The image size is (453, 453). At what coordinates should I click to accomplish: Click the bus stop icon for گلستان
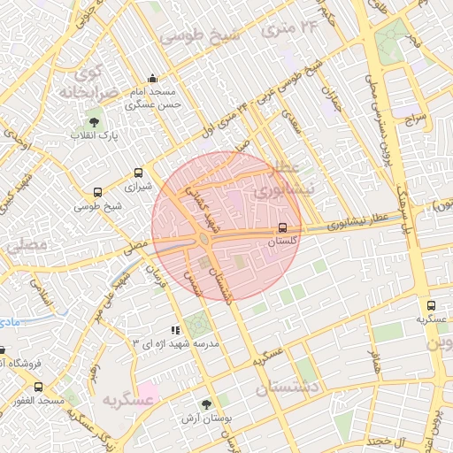coord(282,227)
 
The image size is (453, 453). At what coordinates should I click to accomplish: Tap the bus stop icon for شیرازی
coord(137,173)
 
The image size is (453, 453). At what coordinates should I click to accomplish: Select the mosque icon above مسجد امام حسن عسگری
coord(153,78)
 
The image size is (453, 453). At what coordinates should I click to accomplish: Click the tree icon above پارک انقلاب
coord(95,122)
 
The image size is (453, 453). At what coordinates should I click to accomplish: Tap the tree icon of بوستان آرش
coord(206,403)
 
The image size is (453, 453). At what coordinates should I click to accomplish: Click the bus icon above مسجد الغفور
coord(38,388)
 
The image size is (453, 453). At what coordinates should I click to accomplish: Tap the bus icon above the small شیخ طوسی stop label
coord(97,192)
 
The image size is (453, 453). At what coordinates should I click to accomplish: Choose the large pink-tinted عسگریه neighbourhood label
coord(129,400)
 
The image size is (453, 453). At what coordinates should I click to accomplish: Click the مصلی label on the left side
coord(24,247)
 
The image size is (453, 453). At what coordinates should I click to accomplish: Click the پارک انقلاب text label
coord(95,136)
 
